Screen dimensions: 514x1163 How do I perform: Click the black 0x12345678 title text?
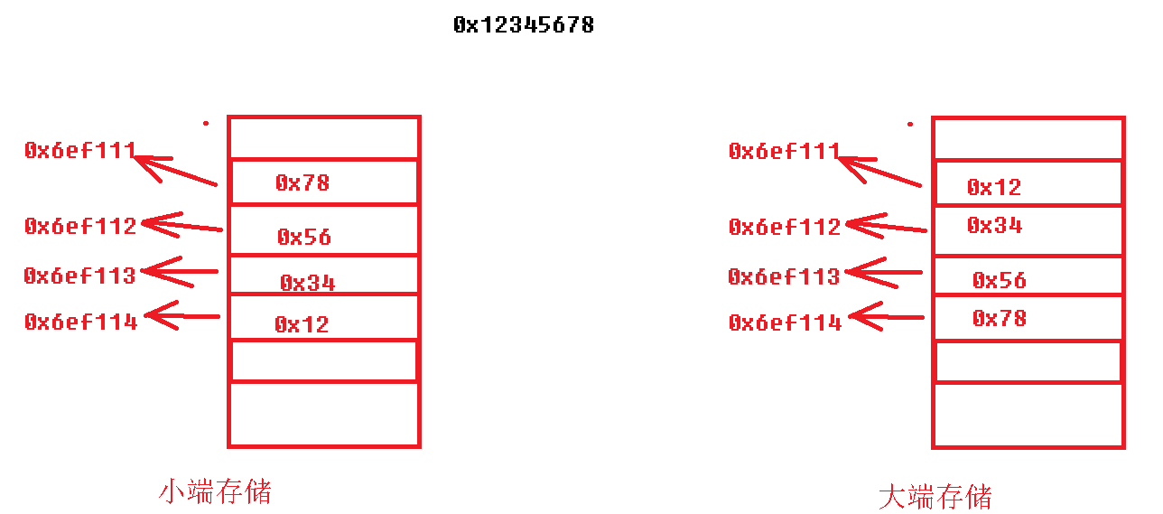pyautogui.click(x=524, y=25)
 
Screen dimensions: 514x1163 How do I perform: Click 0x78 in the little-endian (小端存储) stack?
pyautogui.click(x=302, y=183)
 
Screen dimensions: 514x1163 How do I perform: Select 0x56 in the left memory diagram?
pyautogui.click(x=304, y=238)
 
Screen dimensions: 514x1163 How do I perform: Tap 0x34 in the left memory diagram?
pyautogui.click(x=307, y=284)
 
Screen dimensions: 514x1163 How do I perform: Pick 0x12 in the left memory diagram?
pyautogui.click(x=302, y=324)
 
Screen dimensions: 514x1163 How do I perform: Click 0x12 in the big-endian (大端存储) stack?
pyautogui.click(x=993, y=188)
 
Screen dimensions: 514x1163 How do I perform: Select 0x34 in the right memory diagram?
pyautogui.click(x=994, y=226)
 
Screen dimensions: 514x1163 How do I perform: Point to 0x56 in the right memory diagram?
pyautogui.click(x=999, y=281)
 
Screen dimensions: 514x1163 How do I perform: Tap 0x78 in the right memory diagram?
pyautogui.click(x=999, y=318)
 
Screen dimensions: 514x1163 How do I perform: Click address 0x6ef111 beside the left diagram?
pyautogui.click(x=80, y=151)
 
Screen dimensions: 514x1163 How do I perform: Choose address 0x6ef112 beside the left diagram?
pyautogui.click(x=80, y=226)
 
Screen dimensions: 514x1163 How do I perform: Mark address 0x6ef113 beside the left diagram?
pyautogui.click(x=79, y=276)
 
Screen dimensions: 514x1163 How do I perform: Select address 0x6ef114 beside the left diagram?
pyautogui.click(x=80, y=322)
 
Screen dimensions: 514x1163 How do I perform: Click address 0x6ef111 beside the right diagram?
pyautogui.click(x=785, y=152)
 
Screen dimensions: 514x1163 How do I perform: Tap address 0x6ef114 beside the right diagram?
pyautogui.click(x=785, y=322)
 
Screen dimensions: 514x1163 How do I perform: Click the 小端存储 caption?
pyautogui.click(x=215, y=491)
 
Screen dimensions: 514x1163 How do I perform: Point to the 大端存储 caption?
pyautogui.click(x=935, y=497)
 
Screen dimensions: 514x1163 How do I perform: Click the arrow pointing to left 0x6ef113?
pyautogui.click(x=181, y=271)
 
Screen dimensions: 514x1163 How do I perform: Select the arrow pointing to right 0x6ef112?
pyautogui.click(x=885, y=227)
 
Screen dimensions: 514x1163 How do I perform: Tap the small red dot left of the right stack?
pyautogui.click(x=910, y=124)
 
